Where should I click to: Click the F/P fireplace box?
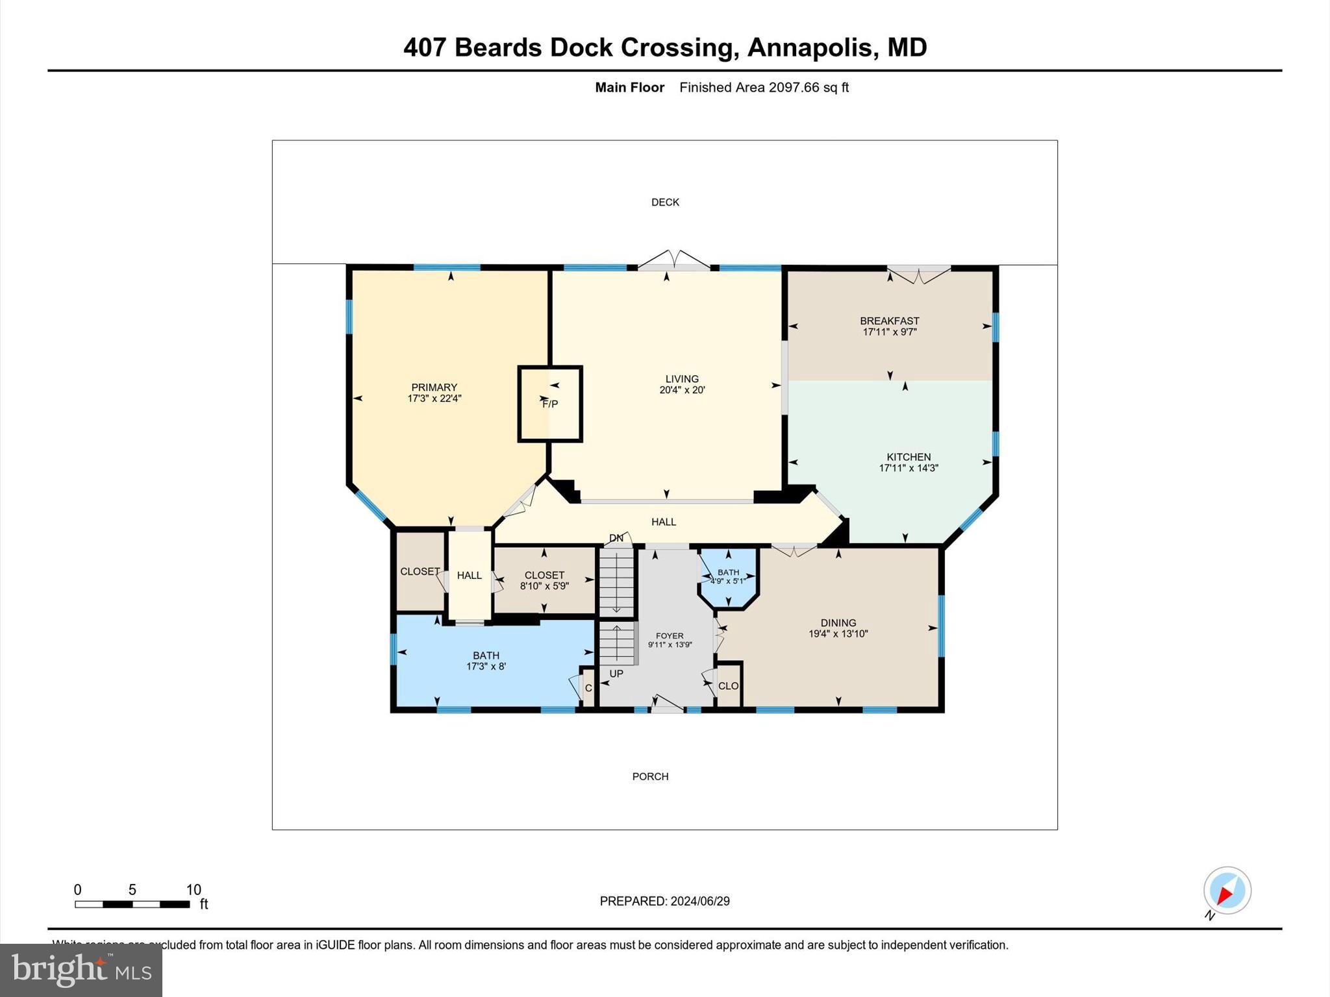[549, 404]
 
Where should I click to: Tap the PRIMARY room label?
[434, 388]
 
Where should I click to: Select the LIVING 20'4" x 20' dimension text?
[682, 390]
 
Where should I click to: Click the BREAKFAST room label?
[889, 321]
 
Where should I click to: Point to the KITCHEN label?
[909, 457]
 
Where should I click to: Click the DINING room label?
[838, 622]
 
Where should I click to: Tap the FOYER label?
[670, 636]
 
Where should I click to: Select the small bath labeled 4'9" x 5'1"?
[728, 577]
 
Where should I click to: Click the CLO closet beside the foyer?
[728, 685]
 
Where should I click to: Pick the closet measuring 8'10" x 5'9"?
[544, 580]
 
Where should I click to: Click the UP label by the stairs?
[616, 674]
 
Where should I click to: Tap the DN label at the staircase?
[616, 538]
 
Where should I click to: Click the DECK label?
[665, 203]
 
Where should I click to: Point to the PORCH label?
[650, 776]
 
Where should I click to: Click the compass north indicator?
[1227, 891]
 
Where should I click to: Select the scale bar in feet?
[132, 904]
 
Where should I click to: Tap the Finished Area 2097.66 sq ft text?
[764, 88]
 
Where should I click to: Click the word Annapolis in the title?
[810, 47]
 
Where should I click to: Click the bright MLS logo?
[81, 970]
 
